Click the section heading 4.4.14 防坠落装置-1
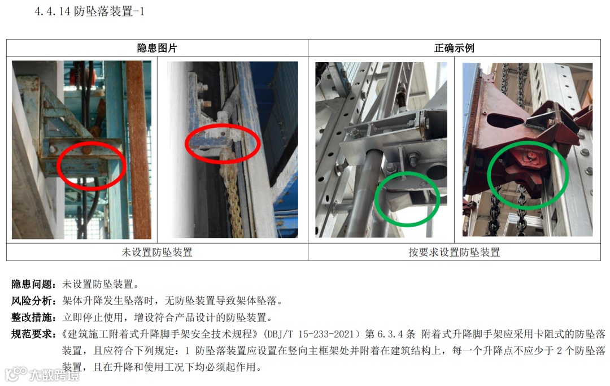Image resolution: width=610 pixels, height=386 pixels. pos(89,11)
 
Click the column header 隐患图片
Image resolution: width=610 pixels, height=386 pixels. pos(157,48)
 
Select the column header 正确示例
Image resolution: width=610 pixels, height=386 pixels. pos(454,48)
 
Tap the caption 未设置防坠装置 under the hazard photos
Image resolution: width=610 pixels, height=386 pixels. pos(157,252)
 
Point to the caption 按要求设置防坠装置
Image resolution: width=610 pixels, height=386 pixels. pos(454,252)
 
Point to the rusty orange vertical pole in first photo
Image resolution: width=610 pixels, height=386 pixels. pos(138,150)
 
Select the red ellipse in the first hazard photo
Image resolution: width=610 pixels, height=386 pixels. pos(58,166)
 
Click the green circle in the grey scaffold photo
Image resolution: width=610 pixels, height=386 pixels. pos(376,198)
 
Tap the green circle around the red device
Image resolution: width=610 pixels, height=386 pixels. pos(488,175)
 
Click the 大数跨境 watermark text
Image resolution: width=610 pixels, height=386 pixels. pos(54,375)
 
